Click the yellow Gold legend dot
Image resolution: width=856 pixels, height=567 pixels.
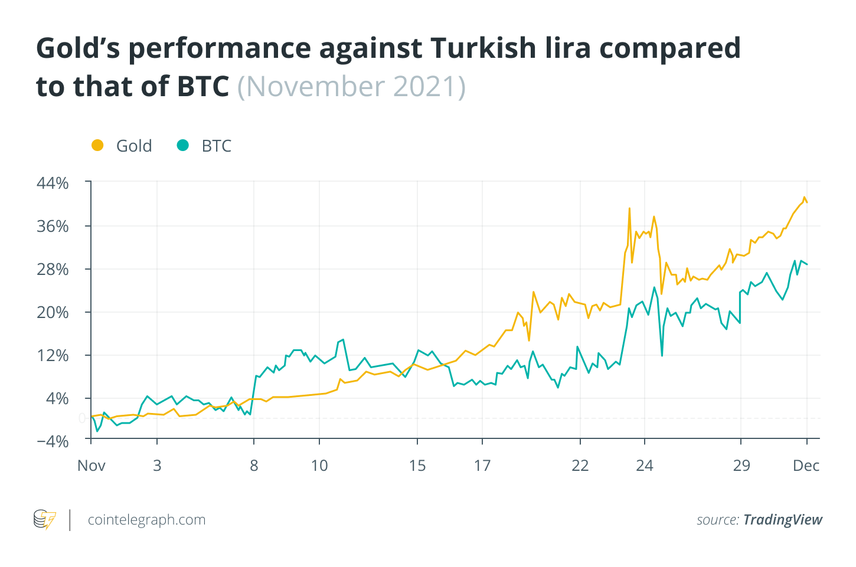[97, 145]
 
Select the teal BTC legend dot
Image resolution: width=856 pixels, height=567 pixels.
[183, 145]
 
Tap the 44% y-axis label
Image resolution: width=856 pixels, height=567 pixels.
[53, 183]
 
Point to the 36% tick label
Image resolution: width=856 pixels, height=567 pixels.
[53, 226]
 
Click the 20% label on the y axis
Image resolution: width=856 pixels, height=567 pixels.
[53, 312]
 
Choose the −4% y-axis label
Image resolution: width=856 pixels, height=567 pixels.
[53, 441]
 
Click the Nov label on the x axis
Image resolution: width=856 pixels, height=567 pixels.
[92, 466]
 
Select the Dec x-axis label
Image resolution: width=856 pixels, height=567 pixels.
[806, 466]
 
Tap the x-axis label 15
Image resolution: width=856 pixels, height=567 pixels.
[417, 466]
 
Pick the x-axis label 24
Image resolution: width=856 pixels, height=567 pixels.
[645, 466]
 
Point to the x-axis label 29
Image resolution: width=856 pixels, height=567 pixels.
[741, 466]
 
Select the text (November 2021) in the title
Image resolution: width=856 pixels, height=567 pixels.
[351, 87]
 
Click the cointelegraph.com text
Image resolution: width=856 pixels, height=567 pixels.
[146, 520]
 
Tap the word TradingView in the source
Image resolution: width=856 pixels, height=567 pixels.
[782, 520]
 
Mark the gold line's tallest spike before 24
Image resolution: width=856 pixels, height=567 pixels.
[629, 208]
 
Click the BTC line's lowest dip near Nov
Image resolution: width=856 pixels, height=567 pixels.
[97, 431]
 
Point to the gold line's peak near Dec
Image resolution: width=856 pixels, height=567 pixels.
[804, 198]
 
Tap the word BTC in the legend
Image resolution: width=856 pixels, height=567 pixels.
[216, 146]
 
